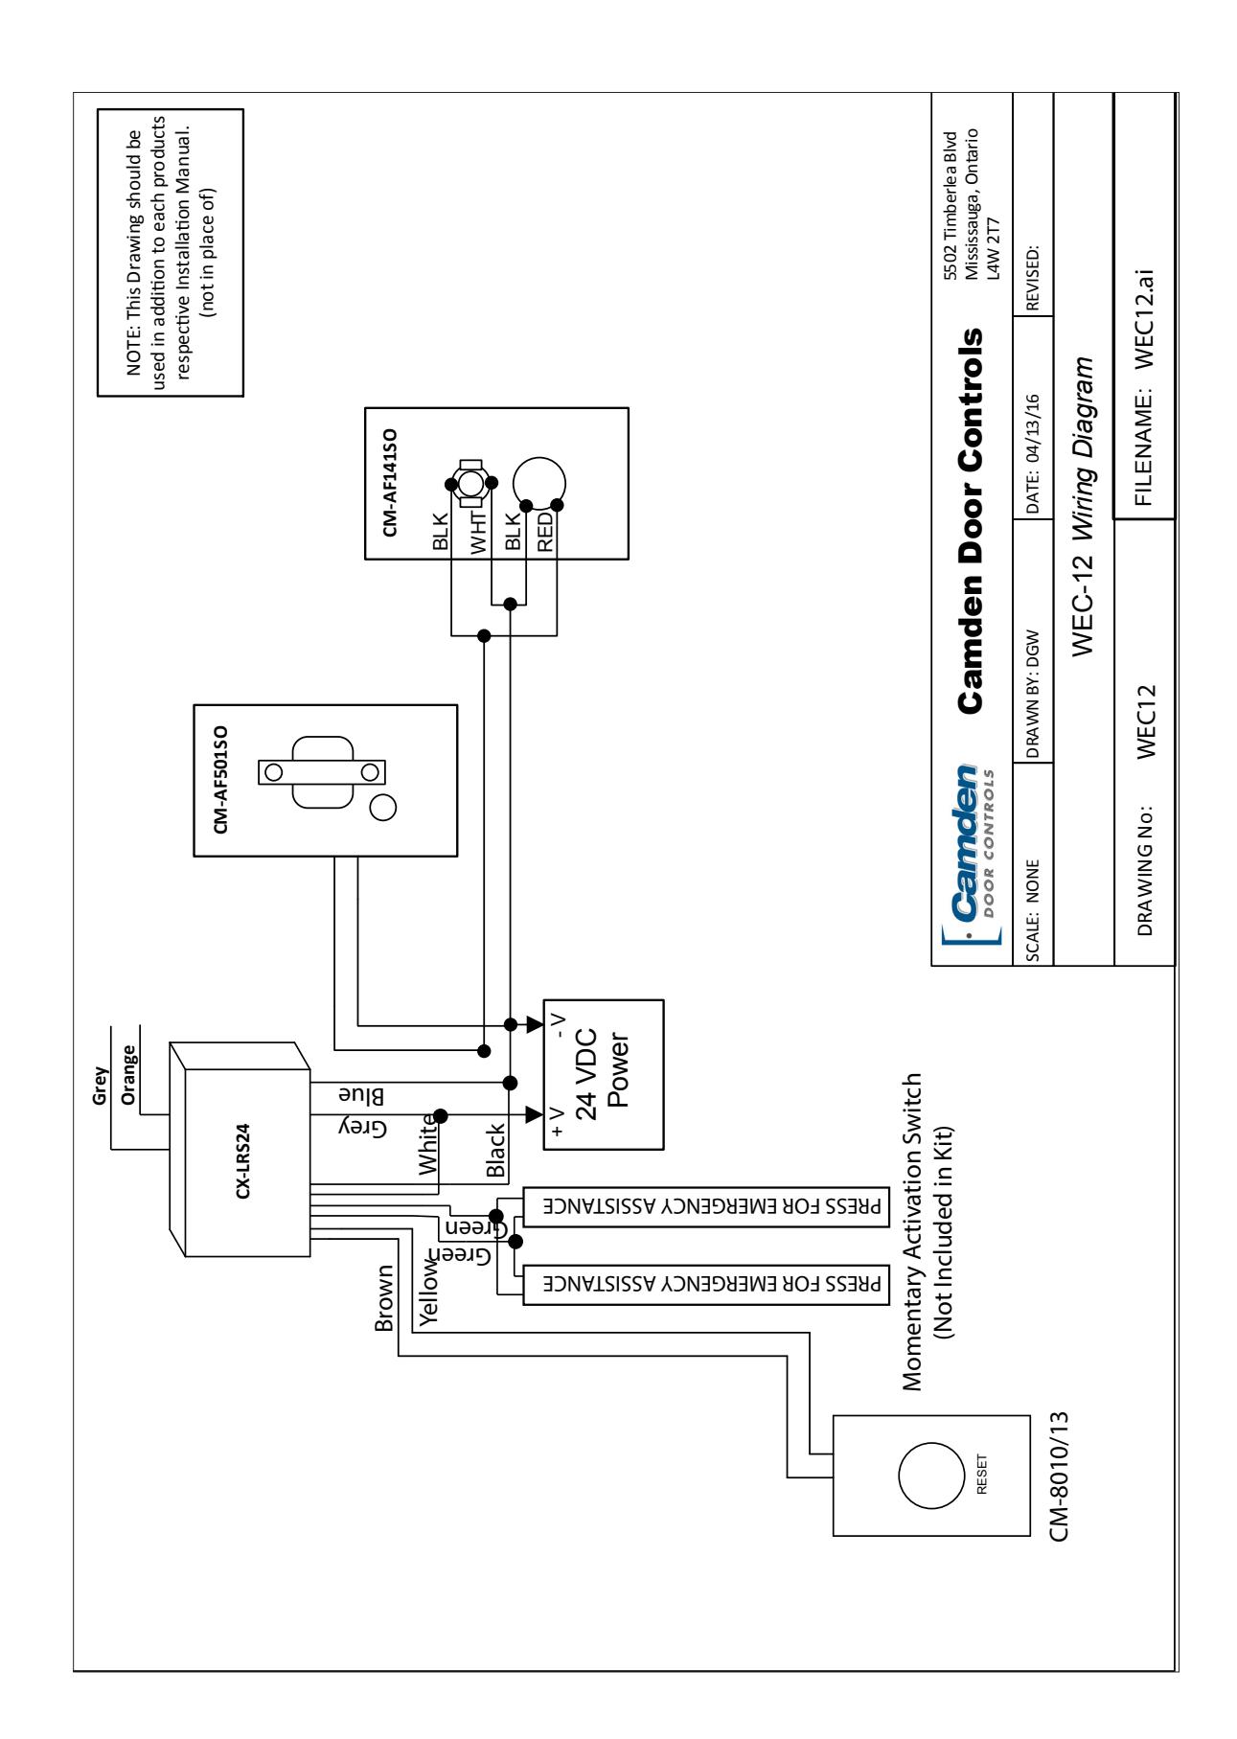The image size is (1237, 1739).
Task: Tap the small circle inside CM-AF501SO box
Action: pos(382,807)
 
